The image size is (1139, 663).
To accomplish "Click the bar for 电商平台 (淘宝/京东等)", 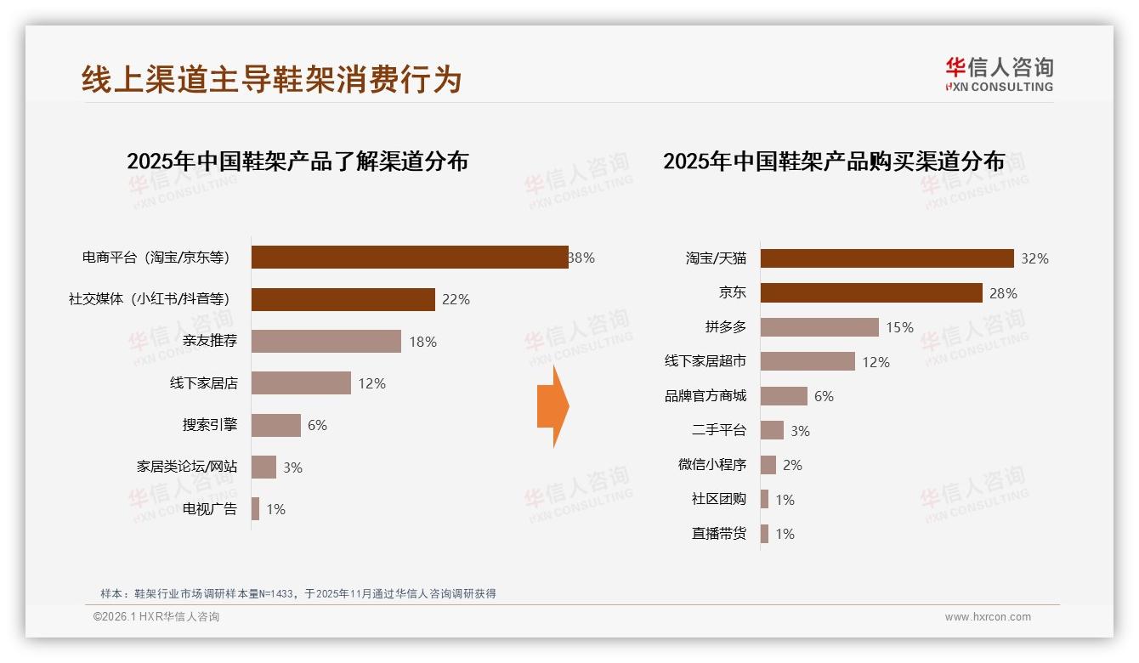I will (410, 258).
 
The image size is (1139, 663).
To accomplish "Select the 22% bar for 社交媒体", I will (343, 299).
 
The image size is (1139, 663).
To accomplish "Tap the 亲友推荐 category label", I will (210, 342).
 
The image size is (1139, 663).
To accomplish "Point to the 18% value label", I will (422, 342).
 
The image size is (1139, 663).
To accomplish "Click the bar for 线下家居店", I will (301, 383).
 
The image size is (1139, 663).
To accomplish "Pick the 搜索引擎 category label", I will (210, 425).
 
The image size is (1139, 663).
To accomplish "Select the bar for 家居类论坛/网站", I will (263, 467).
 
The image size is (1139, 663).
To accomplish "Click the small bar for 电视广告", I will (255, 509).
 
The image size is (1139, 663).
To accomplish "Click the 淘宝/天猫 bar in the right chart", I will (887, 258).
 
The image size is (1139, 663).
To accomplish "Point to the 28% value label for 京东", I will (1003, 293).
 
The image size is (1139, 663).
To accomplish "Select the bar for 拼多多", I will (819, 327).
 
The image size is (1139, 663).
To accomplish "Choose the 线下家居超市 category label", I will (705, 362).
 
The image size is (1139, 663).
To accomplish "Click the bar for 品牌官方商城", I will (784, 396).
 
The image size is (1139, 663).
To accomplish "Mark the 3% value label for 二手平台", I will (800, 431).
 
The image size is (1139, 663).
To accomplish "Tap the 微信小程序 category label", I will (712, 465).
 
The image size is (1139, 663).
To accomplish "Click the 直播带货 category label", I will (719, 534).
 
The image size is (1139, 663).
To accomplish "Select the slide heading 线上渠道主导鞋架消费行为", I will (272, 79).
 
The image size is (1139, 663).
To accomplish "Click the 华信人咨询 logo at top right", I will (999, 74).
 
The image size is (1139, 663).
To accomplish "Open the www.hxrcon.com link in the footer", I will (988, 617).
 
